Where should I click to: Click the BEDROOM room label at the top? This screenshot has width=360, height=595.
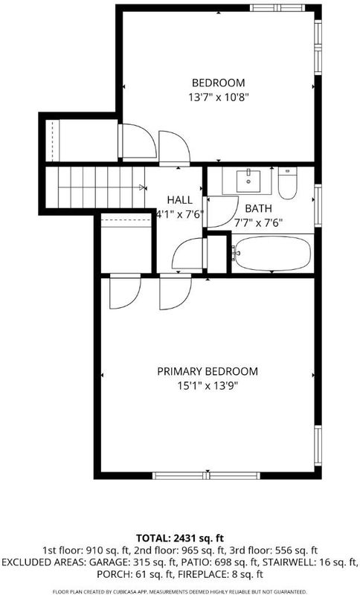point(218,83)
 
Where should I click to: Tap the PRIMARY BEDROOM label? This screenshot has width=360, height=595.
point(208,371)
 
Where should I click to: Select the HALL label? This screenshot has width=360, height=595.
point(180,200)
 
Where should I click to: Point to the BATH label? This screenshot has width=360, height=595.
point(258,208)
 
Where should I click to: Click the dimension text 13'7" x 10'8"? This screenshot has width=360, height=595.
point(219,97)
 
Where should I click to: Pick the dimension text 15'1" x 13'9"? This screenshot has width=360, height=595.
point(208,386)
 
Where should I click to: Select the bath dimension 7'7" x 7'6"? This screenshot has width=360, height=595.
point(258,222)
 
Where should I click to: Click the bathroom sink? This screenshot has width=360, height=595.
point(248,181)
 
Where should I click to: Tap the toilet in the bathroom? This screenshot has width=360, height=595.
point(288,183)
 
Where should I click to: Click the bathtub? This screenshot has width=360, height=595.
point(272,254)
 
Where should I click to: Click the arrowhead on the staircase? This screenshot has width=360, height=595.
point(142,187)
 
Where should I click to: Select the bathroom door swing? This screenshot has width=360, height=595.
point(222,211)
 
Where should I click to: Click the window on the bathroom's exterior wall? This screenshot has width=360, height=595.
point(318,206)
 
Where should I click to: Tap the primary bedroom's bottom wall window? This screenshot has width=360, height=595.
point(207,475)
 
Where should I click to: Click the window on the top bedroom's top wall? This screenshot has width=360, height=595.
point(277,8)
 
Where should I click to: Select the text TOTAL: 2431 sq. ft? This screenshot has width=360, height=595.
point(180,538)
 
